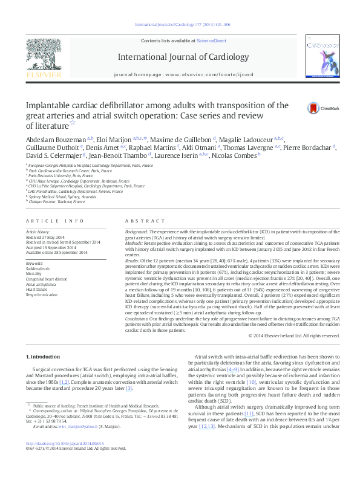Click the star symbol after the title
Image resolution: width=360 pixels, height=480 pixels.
(72, 123)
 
